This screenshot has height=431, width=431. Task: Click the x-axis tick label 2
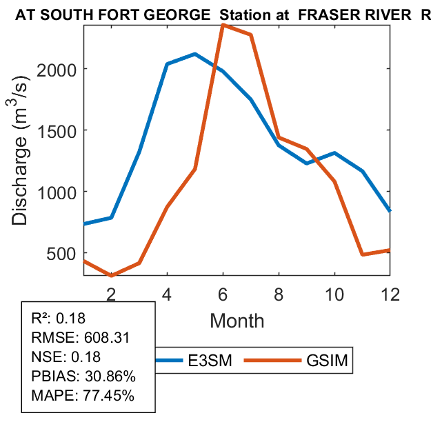pos(110,293)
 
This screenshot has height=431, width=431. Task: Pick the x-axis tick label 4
pos(167,293)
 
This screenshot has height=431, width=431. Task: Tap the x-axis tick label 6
pos(223,293)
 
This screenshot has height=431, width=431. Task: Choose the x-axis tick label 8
pos(279,293)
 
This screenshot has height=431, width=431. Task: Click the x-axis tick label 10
pos(334,293)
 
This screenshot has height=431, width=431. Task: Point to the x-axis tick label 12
pos(390,293)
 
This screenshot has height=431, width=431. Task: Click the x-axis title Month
pos(237,320)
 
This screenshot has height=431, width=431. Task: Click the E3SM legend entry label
pos(208,361)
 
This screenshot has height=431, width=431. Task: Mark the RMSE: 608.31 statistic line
pos(81,338)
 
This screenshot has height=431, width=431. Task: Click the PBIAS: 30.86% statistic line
pos(83,377)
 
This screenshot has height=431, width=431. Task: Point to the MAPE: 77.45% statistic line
pos(83,396)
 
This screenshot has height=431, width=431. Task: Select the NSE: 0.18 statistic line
pos(66,357)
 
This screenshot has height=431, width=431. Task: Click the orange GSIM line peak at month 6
pos(223,26)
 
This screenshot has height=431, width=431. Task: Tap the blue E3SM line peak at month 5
pos(195,54)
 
